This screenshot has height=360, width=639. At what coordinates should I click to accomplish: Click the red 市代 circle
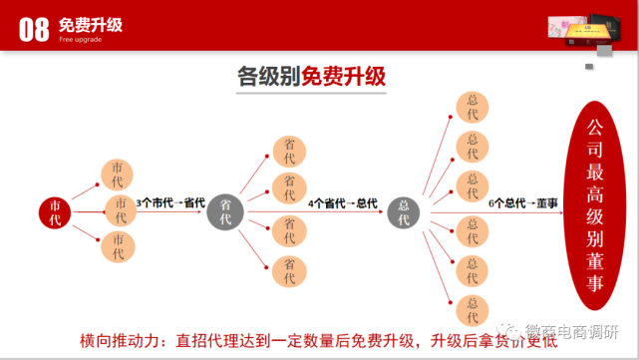tap(57, 212)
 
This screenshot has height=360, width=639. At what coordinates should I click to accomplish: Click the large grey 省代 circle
tap(226, 212)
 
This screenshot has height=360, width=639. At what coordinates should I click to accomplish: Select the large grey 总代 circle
tap(404, 212)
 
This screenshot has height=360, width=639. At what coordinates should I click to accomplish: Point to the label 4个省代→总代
tap(343, 203)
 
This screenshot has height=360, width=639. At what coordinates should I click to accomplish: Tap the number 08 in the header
tap(34, 27)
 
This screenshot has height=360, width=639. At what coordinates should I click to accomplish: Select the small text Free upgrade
tap(82, 40)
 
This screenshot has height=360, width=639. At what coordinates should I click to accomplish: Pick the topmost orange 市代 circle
tap(119, 175)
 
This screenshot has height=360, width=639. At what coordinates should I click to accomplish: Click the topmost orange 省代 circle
tap(289, 151)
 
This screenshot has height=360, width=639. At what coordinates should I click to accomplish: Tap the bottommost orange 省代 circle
tap(289, 271)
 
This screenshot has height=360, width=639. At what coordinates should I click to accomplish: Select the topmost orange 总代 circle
tap(472, 107)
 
